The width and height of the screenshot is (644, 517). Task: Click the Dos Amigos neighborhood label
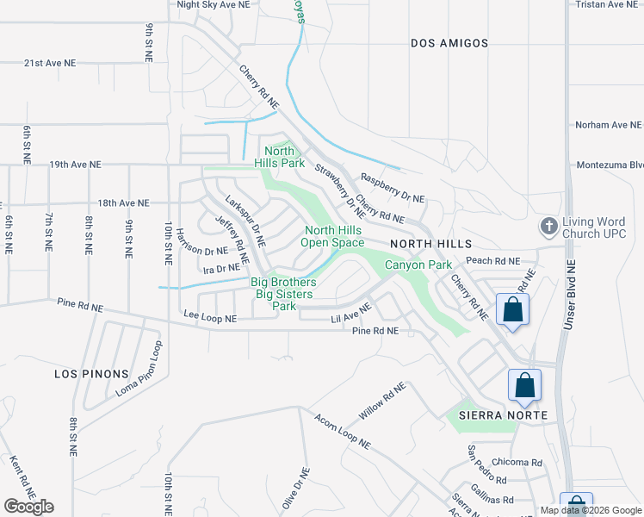(x=449, y=43)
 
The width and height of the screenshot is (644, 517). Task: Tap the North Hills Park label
(x=280, y=156)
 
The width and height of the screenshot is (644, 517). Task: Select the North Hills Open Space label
(x=334, y=236)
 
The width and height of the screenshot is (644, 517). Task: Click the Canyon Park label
(x=418, y=265)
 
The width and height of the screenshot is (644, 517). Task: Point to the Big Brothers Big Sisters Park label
(x=283, y=294)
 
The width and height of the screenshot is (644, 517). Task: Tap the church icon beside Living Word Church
(x=548, y=227)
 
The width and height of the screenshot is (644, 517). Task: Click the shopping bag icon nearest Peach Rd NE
(x=512, y=311)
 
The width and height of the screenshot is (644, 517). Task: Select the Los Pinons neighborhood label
(x=90, y=374)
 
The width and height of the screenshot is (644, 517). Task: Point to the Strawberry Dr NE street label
(x=340, y=190)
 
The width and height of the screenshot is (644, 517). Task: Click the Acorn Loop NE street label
(x=342, y=432)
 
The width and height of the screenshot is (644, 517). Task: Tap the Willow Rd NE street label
(x=381, y=402)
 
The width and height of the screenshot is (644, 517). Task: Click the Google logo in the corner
(x=28, y=507)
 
